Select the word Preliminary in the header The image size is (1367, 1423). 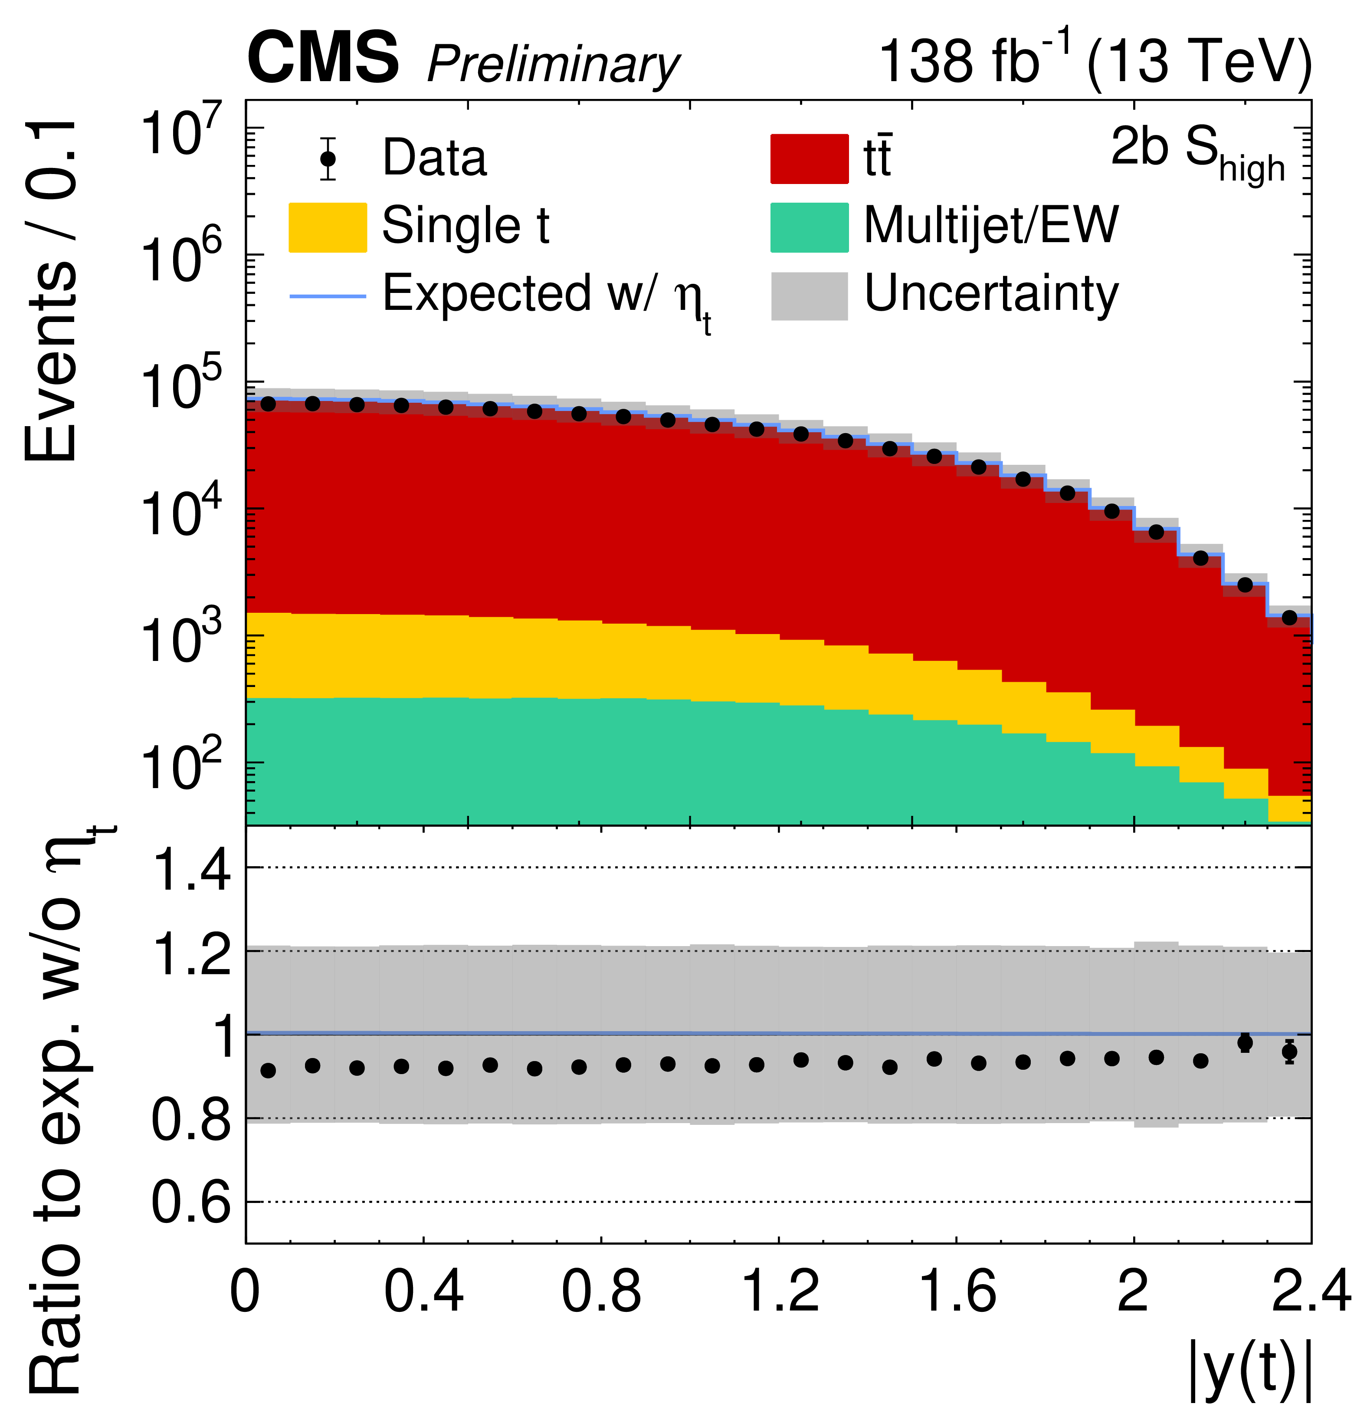(553, 66)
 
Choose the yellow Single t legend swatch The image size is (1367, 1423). (328, 227)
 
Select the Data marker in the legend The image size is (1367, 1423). (328, 158)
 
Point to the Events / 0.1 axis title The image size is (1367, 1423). (51, 290)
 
